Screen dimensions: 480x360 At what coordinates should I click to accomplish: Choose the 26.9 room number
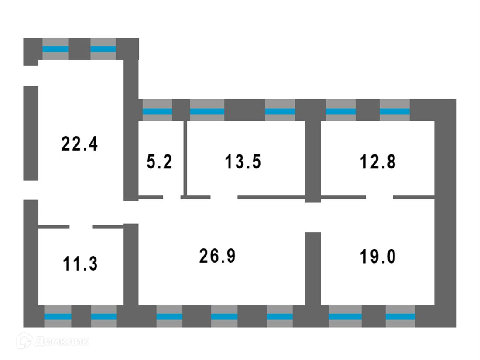(x=217, y=256)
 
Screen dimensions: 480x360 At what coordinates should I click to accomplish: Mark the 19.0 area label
(x=378, y=256)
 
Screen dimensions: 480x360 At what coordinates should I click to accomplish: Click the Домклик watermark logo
(x=52, y=341)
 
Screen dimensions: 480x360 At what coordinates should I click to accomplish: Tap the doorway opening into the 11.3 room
(x=81, y=226)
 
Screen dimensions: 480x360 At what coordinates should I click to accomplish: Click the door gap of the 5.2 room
(x=172, y=198)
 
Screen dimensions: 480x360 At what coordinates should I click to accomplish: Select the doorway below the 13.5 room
(x=224, y=198)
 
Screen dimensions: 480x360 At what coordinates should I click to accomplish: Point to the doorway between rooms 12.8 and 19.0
(x=379, y=198)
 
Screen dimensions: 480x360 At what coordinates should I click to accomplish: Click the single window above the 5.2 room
(x=158, y=111)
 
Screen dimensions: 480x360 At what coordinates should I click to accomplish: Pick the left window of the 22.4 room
(x=55, y=49)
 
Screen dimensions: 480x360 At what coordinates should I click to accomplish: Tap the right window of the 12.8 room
(x=394, y=111)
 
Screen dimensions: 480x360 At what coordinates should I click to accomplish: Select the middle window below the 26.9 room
(x=224, y=316)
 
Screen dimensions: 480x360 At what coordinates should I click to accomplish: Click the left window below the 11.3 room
(x=58, y=316)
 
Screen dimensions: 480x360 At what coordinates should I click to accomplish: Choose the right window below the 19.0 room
(x=400, y=316)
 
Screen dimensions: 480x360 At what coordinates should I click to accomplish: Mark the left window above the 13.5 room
(x=207, y=111)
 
